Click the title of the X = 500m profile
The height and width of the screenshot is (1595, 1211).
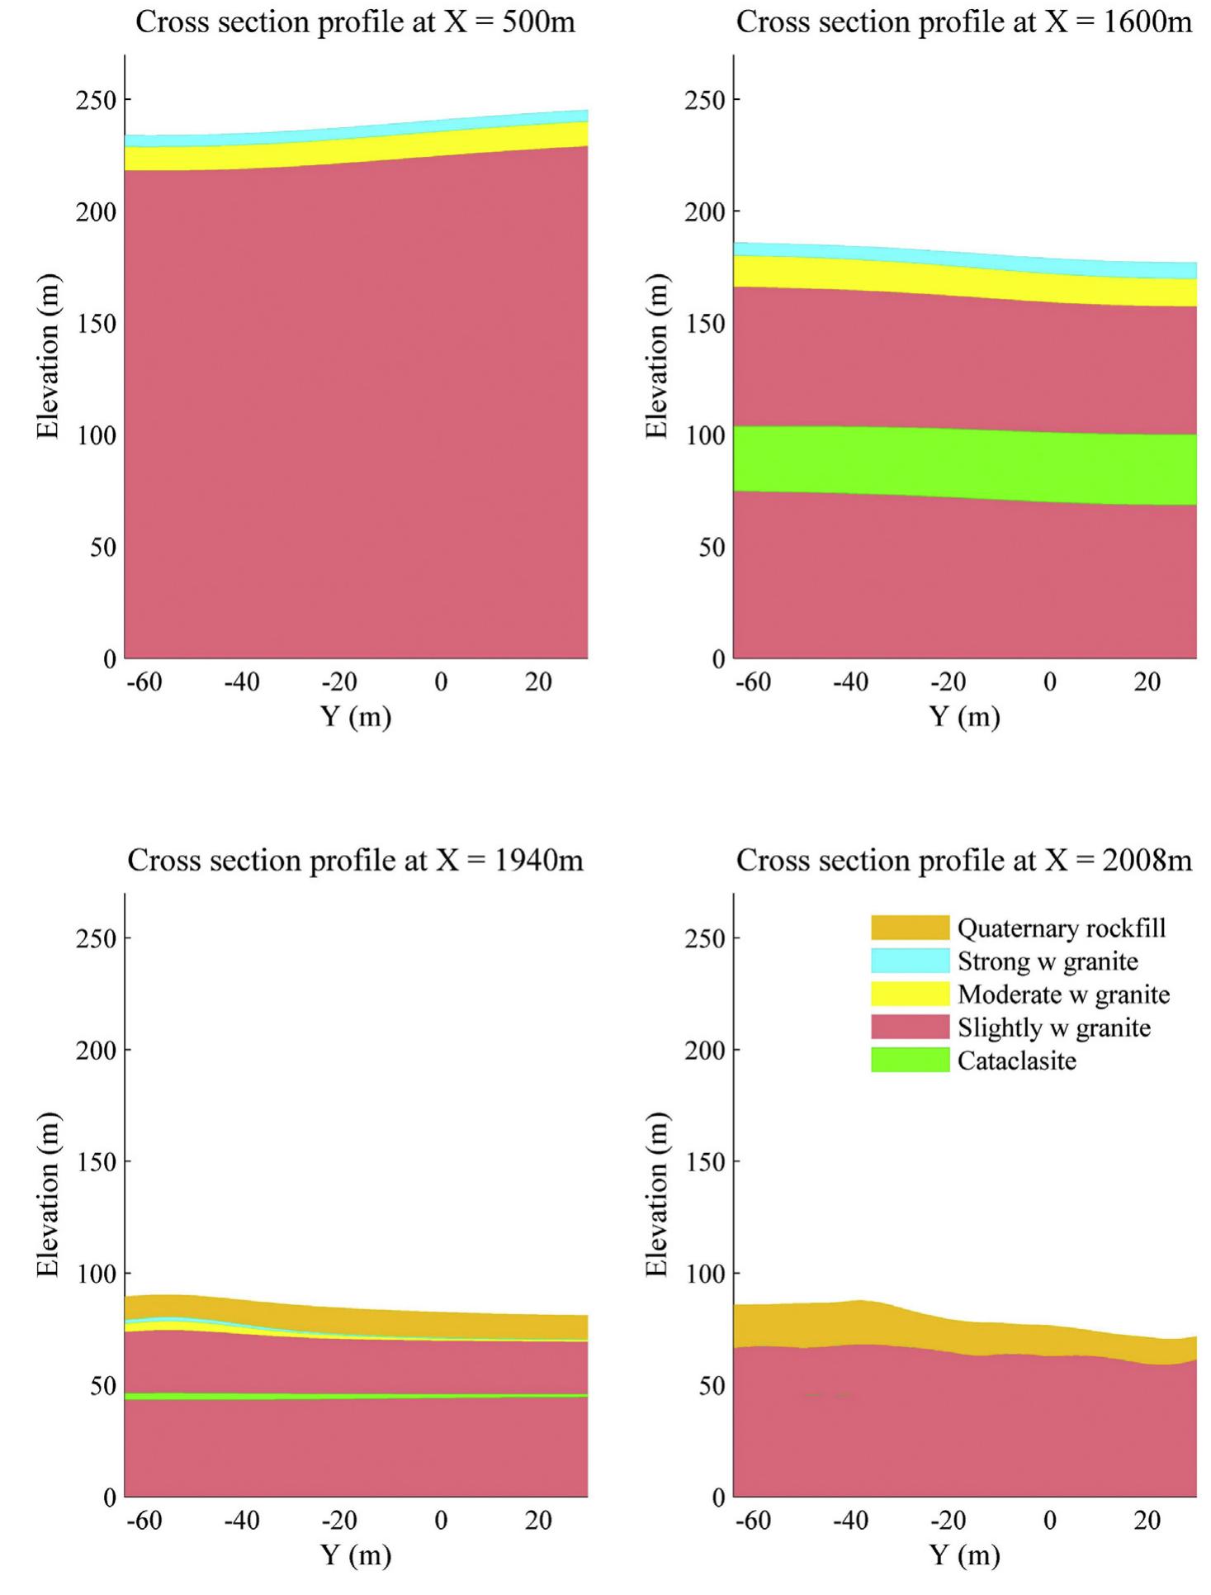355,22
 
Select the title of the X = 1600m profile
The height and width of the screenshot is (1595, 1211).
963,22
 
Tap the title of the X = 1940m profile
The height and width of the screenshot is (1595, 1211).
355,860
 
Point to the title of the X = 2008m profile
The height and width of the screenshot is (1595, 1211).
963,860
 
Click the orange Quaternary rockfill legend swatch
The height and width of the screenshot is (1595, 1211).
910,928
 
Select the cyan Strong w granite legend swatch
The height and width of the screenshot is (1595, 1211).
910,961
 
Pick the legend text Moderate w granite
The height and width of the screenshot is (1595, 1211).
1063,995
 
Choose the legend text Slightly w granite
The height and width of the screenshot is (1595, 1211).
1053,1028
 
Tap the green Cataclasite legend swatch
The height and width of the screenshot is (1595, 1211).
910,1060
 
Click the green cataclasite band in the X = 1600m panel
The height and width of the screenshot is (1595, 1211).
964,463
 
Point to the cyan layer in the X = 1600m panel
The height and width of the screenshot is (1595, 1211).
964,258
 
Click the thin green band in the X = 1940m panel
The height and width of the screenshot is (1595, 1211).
355,1396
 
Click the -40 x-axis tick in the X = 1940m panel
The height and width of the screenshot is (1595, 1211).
241,1520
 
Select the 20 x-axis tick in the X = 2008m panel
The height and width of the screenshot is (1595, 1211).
1147,1520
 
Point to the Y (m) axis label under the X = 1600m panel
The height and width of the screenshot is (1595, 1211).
964,716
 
